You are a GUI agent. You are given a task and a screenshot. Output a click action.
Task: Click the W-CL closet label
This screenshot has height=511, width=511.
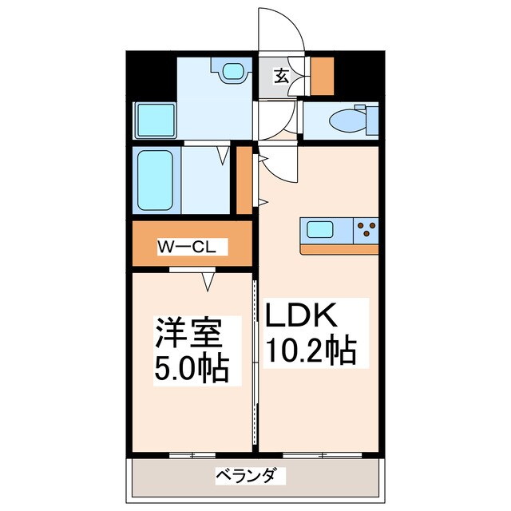[192, 248]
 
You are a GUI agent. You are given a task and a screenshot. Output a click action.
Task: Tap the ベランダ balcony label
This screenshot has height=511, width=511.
[249, 477]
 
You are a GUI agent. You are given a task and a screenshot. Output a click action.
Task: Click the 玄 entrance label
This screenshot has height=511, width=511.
[282, 76]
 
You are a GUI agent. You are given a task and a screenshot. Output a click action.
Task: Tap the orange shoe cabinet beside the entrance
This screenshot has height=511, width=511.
[322, 76]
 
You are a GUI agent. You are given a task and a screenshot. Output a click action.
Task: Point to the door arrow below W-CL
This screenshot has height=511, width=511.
[209, 282]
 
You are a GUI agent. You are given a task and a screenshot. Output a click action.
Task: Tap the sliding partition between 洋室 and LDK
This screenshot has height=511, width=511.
[255, 363]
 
